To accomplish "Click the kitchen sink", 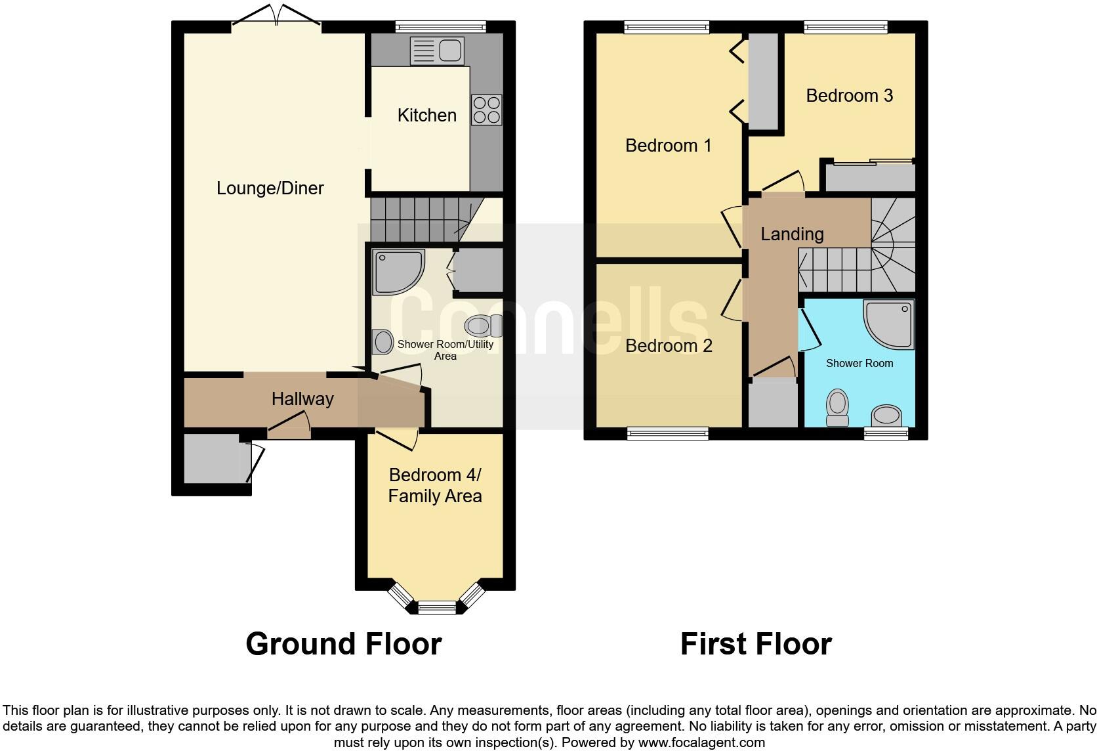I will coord(436,51).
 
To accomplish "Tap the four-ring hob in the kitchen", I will coord(486,110).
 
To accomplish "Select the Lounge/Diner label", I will coord(270,188).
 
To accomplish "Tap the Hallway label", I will coord(302,399).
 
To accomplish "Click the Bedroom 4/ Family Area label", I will coord(435,485).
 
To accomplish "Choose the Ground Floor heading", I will coord(343,644).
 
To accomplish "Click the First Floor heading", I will coord(756,644).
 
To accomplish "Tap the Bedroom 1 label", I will coord(668,145).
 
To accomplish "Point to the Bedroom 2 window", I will coord(667,433).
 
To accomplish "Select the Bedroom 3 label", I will coord(849,96).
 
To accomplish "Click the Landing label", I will coord(792,234).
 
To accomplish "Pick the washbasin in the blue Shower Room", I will coord(886,416).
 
